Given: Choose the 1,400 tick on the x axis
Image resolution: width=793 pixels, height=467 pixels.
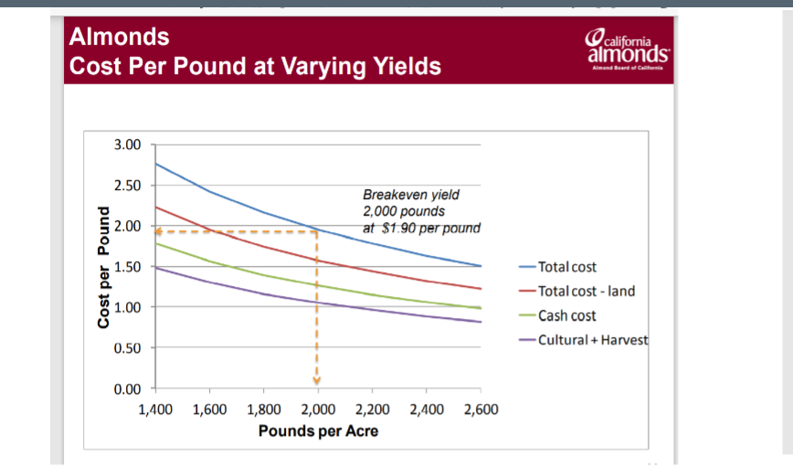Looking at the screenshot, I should [x=154, y=409].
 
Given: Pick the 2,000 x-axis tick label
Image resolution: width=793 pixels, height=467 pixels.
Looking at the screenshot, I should [x=317, y=409].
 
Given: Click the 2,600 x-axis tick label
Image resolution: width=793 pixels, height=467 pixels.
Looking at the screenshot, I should [x=481, y=409].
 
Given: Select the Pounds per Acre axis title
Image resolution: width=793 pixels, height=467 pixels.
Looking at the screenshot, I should [x=318, y=430].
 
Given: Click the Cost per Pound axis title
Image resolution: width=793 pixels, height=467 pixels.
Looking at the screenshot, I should [x=104, y=267].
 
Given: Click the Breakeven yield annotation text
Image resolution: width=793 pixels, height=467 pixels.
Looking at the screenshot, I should [x=421, y=211].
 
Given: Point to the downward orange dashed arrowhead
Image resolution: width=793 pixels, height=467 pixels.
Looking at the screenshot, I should [x=317, y=380].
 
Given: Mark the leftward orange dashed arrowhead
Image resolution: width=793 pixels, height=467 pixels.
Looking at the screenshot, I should [x=158, y=231].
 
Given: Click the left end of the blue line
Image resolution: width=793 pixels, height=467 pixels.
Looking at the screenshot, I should [x=155, y=164].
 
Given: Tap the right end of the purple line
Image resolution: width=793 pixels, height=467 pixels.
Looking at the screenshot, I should [x=481, y=322].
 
